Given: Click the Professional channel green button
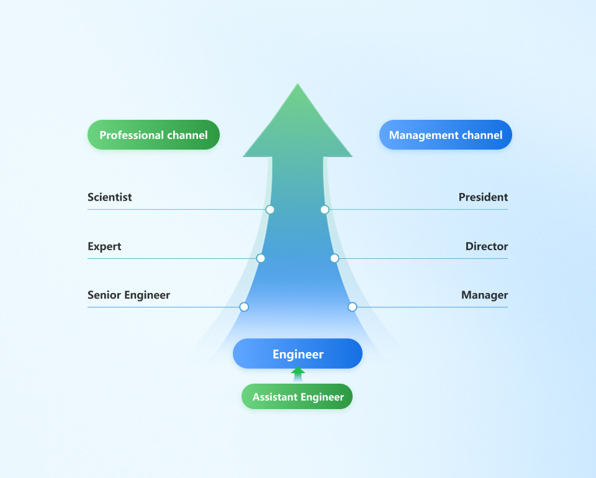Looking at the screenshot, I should [153, 135].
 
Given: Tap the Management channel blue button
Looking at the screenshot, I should [445, 135].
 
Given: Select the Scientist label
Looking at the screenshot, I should [109, 197].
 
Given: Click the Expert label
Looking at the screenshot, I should [104, 246].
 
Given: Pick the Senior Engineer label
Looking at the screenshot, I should [129, 295].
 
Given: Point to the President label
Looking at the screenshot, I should [483, 197].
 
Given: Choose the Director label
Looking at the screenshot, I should [487, 246].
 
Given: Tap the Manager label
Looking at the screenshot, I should [484, 295].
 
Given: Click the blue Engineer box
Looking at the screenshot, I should [297, 354].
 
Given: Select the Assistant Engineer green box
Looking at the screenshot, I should [297, 397].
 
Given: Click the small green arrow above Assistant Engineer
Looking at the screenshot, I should [298, 372].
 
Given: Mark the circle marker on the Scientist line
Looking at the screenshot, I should [270, 209].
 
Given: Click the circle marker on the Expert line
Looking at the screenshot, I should [261, 258].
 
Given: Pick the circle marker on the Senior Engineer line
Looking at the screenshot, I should [244, 307].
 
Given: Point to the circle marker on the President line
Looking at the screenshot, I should [324, 209].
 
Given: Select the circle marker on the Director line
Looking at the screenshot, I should [334, 258].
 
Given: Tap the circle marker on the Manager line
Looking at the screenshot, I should [352, 307].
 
